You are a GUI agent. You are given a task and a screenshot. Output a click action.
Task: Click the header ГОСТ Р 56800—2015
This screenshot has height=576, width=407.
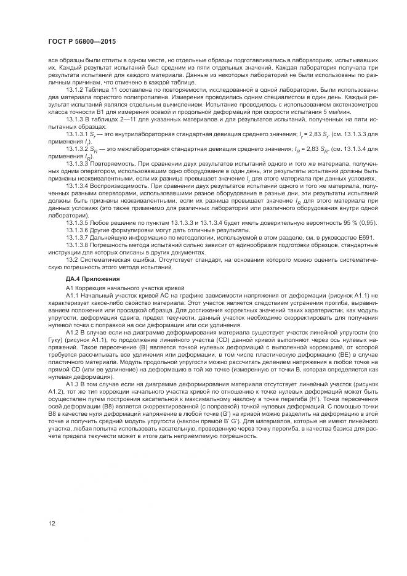coord(82,41)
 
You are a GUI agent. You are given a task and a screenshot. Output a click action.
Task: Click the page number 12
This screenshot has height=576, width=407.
coord(52,524)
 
